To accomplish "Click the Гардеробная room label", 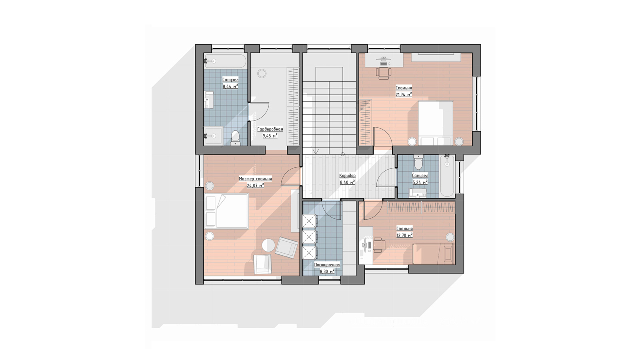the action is pyautogui.click(x=270, y=129).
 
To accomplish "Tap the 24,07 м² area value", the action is pyautogui.click(x=256, y=185).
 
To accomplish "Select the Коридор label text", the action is pyautogui.click(x=348, y=176).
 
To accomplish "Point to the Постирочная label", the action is pyautogui.click(x=327, y=265).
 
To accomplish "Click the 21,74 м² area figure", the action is pyautogui.click(x=404, y=94).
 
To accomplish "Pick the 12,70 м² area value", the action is pyautogui.click(x=404, y=236).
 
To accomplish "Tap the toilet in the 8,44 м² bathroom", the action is pyautogui.click(x=235, y=137).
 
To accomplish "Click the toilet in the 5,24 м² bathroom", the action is pyautogui.click(x=418, y=162).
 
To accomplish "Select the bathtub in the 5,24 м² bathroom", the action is pyautogui.click(x=447, y=176).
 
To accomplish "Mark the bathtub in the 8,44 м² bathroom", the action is pyautogui.click(x=225, y=61).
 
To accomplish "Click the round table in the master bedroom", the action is pyautogui.click(x=268, y=245).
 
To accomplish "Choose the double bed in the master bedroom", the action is pyautogui.click(x=226, y=211).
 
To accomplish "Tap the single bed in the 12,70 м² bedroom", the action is pyautogui.click(x=433, y=254).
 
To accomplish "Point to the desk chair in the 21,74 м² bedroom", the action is pyautogui.click(x=384, y=72).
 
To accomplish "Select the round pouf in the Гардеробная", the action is pyautogui.click(x=262, y=74).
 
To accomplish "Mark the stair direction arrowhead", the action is pyautogui.click(x=316, y=152).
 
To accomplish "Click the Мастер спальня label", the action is pyautogui.click(x=256, y=179).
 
